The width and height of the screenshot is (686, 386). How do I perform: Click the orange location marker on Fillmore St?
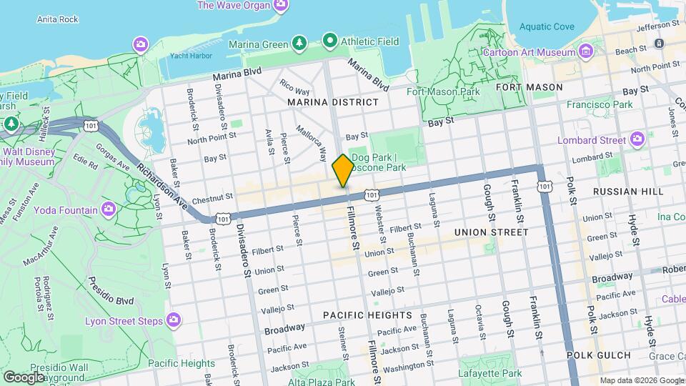click(x=343, y=170)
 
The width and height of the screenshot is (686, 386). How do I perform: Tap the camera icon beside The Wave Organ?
click(x=282, y=5)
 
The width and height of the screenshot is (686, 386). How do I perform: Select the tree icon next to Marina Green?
click(x=299, y=44)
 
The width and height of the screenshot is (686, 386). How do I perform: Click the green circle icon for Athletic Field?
click(x=329, y=41)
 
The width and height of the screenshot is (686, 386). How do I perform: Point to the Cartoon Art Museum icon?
click(x=586, y=51)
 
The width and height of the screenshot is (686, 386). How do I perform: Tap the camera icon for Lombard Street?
click(x=637, y=139)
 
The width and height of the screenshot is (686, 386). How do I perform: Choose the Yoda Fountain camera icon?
click(x=109, y=209)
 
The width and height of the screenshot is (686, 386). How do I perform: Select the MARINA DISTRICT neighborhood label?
click(x=333, y=102)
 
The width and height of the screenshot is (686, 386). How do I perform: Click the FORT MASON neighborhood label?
click(x=529, y=87)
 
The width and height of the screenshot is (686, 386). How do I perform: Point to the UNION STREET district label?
click(x=491, y=232)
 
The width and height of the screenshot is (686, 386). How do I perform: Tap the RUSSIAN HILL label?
click(x=627, y=192)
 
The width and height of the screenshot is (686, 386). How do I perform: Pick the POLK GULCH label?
click(x=599, y=355)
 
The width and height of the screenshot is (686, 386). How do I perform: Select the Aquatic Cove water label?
click(x=547, y=26)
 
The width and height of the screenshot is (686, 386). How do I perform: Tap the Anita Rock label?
click(x=57, y=19)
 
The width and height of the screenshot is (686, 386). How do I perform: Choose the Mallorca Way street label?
click(x=313, y=143)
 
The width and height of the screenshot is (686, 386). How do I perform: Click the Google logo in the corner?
click(x=24, y=377)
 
